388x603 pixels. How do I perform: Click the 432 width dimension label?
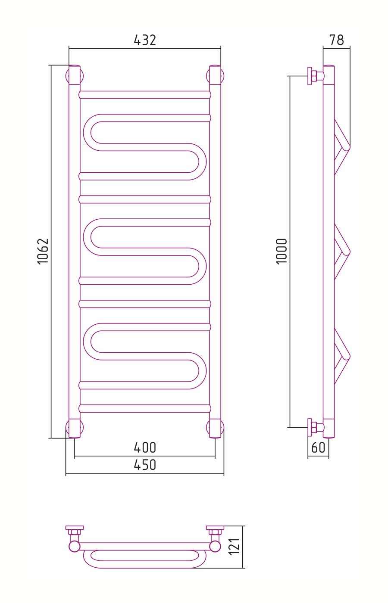click(145, 40)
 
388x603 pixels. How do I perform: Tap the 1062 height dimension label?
click(43, 252)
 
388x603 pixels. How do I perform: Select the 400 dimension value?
click(145, 448)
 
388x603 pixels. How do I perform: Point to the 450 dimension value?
click(145, 465)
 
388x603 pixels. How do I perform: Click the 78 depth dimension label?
click(337, 40)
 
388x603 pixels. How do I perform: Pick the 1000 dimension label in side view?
click(282, 252)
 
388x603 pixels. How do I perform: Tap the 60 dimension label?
click(318, 448)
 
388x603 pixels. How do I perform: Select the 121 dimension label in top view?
click(234, 547)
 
